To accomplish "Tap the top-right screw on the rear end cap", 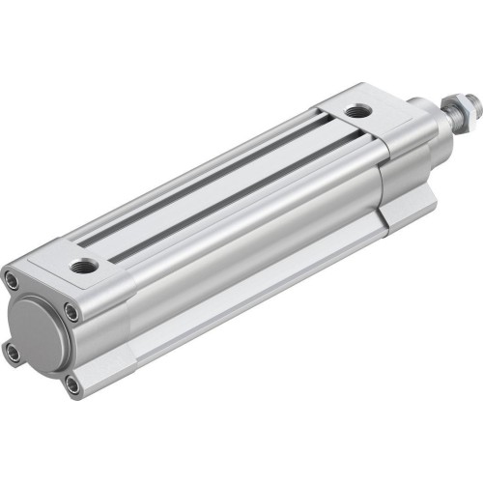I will point(72,311).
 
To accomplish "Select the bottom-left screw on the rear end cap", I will point(13,354).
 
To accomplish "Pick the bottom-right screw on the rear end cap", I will point(73,386).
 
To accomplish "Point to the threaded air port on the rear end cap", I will point(84,265).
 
